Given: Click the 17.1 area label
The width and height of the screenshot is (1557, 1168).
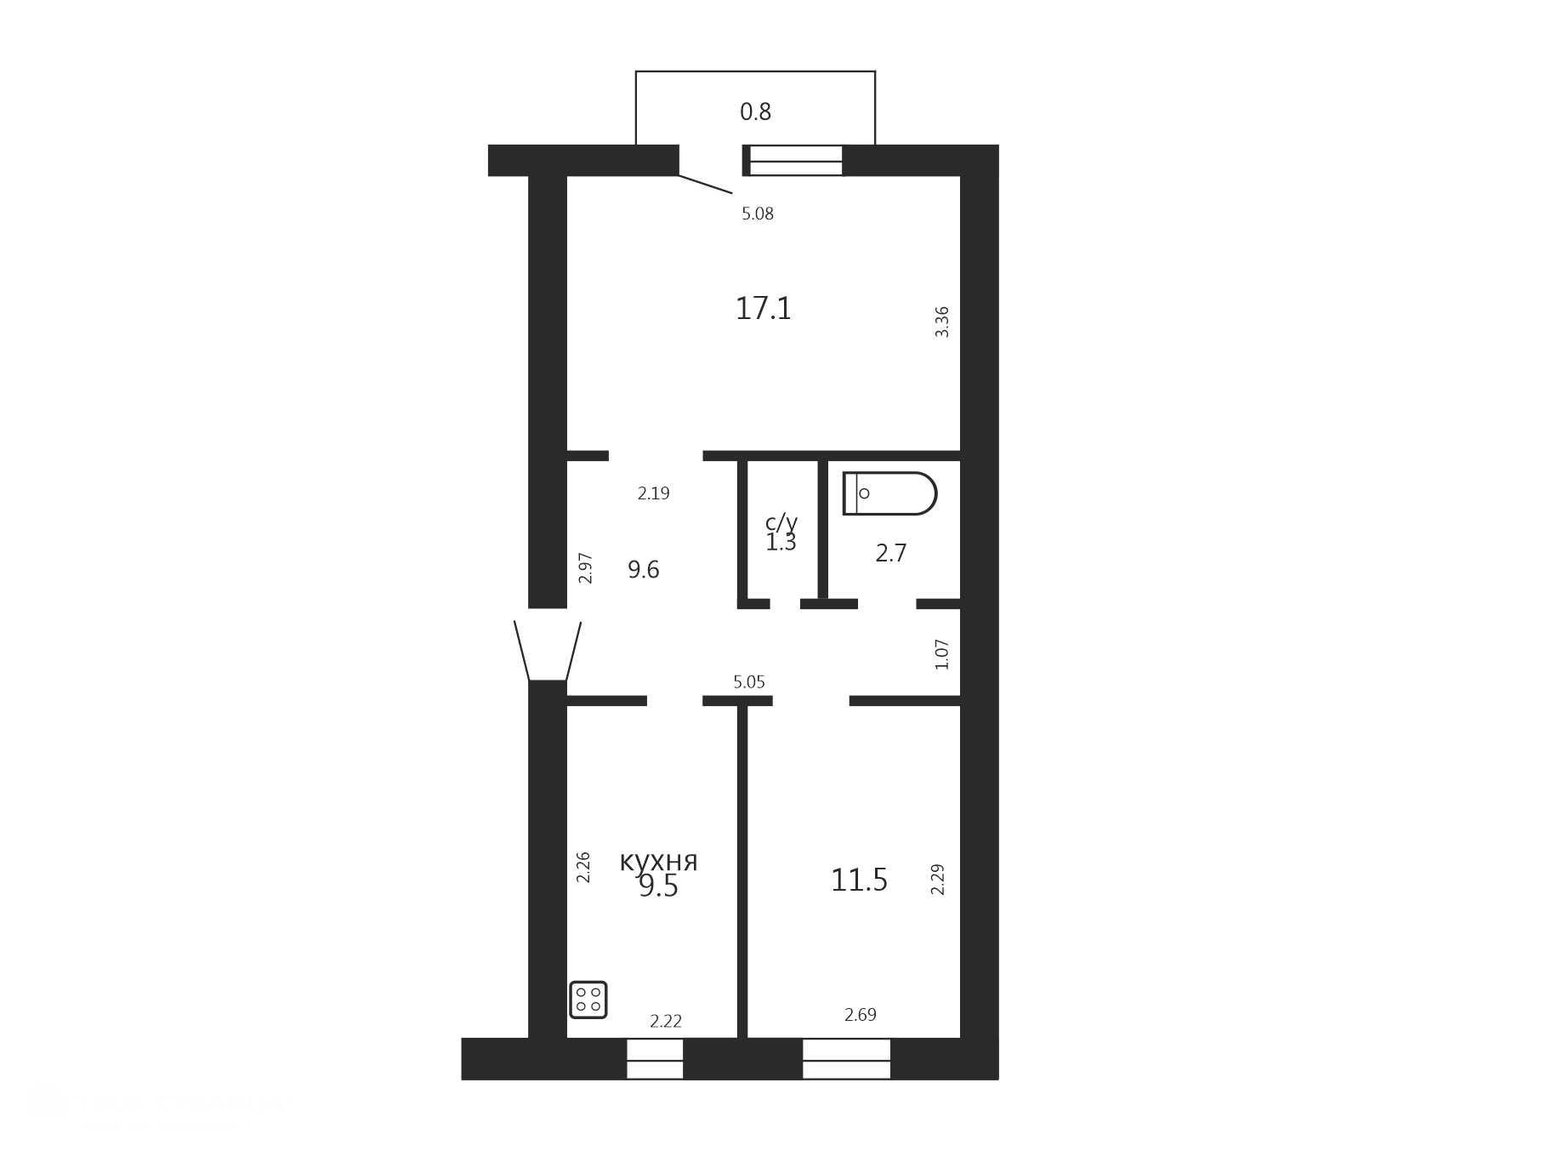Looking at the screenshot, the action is coord(763,308).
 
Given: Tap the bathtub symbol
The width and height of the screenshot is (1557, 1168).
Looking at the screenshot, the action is coord(889,493).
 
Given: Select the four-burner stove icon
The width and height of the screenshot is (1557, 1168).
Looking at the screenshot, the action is coord(588,1000).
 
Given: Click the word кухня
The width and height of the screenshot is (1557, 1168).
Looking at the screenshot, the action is coord(658,861).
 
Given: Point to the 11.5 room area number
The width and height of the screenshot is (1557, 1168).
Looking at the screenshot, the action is coord(859,880).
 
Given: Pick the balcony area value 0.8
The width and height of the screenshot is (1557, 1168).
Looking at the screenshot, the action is coord(755,111).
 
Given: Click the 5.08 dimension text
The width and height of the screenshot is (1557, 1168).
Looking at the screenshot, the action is coord(758,214).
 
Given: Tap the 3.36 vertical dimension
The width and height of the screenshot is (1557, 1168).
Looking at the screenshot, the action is coord(941,322).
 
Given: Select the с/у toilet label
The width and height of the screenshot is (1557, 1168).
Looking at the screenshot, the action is coord(781,522).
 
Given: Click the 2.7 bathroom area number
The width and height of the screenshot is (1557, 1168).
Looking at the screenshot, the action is coord(891,553).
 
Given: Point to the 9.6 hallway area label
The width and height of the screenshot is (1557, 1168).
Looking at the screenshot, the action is coord(644,569).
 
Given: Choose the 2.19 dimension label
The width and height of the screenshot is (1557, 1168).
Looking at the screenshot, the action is coord(654,493).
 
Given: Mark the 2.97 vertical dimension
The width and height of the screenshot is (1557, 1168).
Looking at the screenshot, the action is coord(585,567).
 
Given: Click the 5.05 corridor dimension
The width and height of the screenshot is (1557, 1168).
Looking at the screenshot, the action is coord(749,681).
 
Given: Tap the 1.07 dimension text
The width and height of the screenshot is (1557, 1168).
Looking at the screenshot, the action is coord(941,654).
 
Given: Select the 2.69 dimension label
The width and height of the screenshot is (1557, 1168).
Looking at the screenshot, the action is coord(861,1014).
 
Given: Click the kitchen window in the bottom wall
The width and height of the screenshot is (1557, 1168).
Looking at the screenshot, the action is coord(655,1059).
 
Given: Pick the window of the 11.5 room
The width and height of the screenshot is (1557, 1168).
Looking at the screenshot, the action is coord(847,1059).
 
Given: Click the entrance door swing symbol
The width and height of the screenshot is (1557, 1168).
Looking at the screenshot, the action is coord(548,651).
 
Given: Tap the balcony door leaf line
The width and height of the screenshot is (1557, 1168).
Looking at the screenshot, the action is coord(705,184).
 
